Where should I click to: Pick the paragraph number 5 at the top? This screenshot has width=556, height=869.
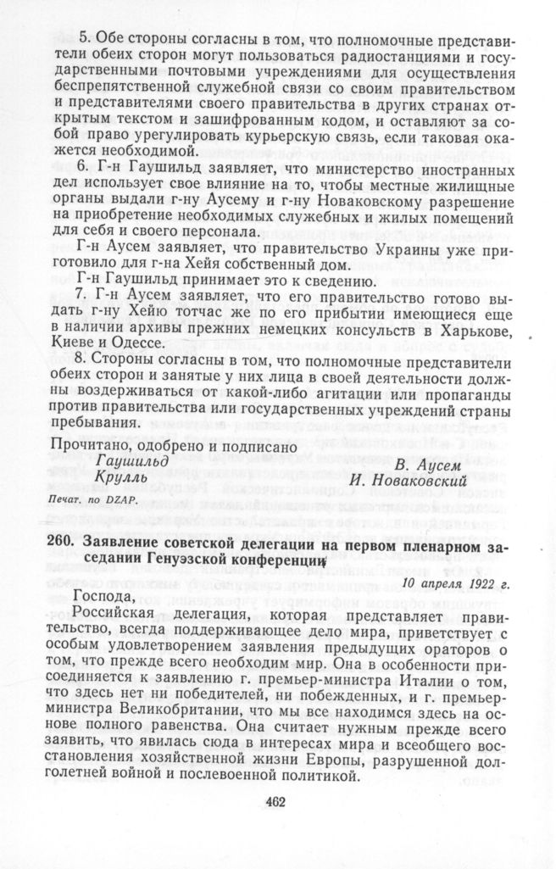[x=84, y=38]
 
